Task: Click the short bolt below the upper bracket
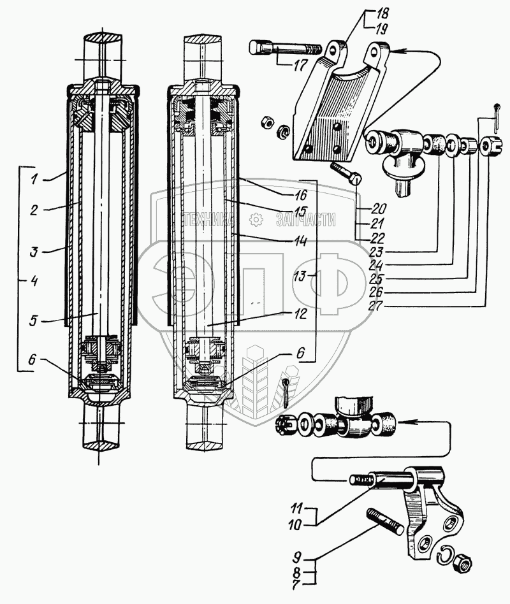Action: [347, 174]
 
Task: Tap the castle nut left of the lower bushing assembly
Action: [288, 424]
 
